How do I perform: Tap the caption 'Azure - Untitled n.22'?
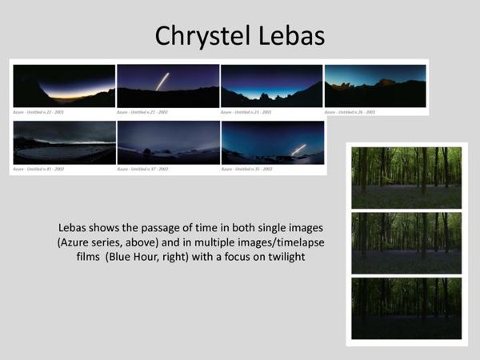39,112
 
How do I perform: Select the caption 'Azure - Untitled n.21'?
143,112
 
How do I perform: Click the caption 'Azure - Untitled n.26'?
350,112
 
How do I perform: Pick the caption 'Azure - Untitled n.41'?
39,169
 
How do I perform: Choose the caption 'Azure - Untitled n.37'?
143,169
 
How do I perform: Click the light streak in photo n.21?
162,81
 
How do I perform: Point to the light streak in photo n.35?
299,149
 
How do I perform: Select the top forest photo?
406,177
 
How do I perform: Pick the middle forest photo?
406,242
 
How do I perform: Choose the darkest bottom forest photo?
406,308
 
